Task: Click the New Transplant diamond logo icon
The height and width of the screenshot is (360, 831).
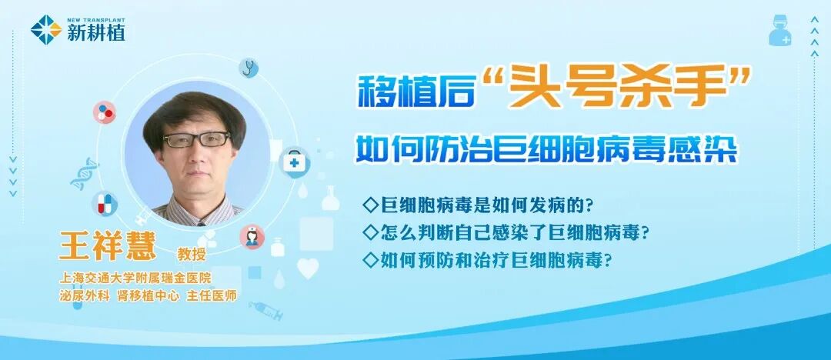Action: (46, 30)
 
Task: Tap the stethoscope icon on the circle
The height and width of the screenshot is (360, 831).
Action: (248, 68)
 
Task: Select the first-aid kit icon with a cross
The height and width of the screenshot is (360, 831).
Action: (294, 162)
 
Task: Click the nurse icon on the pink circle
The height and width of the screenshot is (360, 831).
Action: (252, 236)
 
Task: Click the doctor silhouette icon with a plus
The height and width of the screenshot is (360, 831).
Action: (779, 30)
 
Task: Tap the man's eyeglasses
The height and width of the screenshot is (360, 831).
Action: (197, 139)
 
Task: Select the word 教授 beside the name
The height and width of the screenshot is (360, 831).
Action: (192, 255)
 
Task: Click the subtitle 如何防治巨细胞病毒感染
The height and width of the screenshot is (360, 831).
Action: (546, 149)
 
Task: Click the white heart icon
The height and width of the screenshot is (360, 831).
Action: (308, 268)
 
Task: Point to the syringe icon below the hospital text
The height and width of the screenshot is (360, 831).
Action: (265, 311)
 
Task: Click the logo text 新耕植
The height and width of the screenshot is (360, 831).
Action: (96, 33)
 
